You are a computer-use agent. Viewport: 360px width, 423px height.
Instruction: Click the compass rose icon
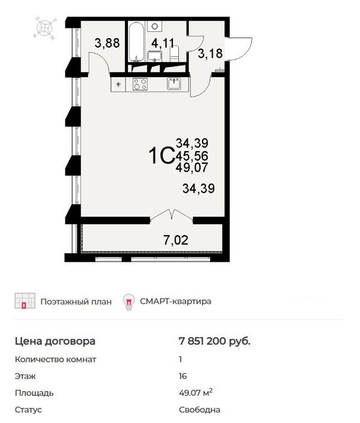[x=45, y=28]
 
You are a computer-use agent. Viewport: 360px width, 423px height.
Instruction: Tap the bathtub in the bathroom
[x=136, y=42]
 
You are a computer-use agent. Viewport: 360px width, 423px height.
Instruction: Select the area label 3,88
[x=107, y=43]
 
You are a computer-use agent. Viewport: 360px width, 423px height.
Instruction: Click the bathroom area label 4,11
[x=162, y=43]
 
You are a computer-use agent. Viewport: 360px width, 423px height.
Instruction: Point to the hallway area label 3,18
[x=210, y=53]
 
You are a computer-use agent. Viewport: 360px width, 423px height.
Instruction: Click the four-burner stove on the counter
[x=140, y=84]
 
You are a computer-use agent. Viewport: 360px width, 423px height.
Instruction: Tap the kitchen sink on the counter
[x=174, y=83]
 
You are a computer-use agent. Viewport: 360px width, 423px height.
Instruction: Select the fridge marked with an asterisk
[x=118, y=85]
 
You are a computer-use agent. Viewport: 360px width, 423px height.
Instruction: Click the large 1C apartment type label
[x=161, y=155]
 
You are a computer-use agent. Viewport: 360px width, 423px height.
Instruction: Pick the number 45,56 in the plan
[x=191, y=156]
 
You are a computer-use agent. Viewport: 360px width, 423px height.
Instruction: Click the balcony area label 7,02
[x=176, y=240]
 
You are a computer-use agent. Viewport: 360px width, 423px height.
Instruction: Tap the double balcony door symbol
[x=172, y=215]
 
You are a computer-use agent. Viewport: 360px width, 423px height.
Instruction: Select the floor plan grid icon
[x=25, y=300]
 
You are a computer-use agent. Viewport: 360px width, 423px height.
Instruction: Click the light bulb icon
[x=129, y=302]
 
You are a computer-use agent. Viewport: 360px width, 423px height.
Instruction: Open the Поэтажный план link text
[x=76, y=302]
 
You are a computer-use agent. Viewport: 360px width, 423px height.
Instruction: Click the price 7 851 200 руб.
[x=214, y=341]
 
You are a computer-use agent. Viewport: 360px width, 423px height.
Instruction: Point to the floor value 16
[x=182, y=376]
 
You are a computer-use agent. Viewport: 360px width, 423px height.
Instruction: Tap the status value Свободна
[x=199, y=410]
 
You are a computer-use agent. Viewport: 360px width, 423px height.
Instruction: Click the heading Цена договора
[x=55, y=341]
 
